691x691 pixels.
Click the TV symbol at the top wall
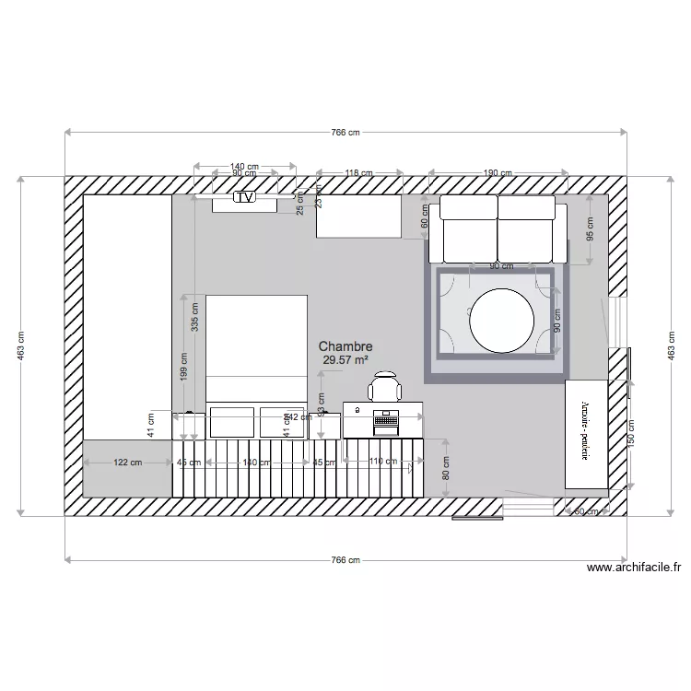pyautogui.click(x=244, y=196)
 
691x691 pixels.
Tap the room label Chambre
pyautogui.click(x=345, y=346)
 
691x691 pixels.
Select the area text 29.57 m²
pyautogui.click(x=345, y=360)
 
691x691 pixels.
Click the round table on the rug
pyautogui.click(x=501, y=321)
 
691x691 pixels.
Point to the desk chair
pyautogui.click(x=386, y=385)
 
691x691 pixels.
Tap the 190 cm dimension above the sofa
pyautogui.click(x=498, y=172)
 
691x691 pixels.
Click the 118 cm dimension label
pyautogui.click(x=358, y=172)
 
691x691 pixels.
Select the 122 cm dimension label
pyautogui.click(x=127, y=463)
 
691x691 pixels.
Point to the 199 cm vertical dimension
pyautogui.click(x=183, y=369)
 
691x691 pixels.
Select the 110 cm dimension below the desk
pyautogui.click(x=382, y=463)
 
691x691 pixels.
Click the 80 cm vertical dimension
pyautogui.click(x=446, y=469)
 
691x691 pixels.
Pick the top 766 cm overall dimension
pyautogui.click(x=345, y=133)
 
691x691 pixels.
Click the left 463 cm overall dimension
pyautogui.click(x=21, y=345)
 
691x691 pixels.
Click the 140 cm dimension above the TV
pyautogui.click(x=244, y=167)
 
